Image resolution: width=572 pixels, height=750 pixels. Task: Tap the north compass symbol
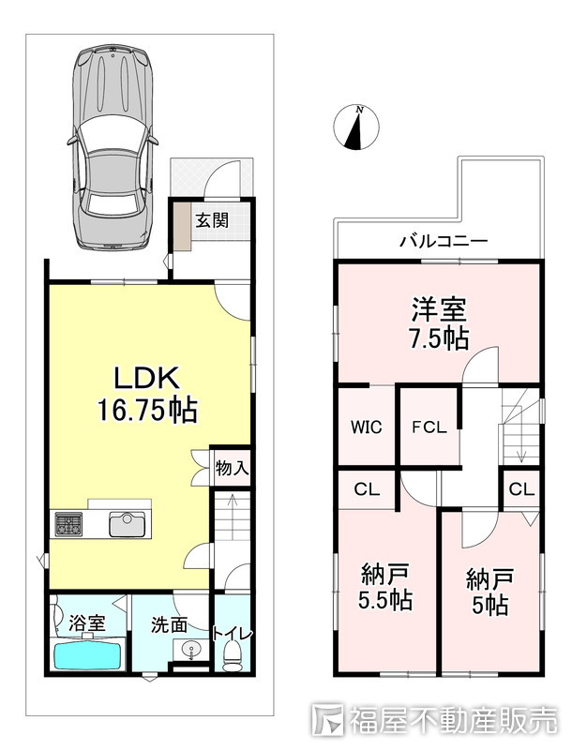coord(356,128)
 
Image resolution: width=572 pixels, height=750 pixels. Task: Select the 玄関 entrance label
coord(211,221)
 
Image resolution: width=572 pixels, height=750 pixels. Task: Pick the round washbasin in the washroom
coord(192,650)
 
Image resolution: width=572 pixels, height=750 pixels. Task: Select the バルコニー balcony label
coord(444,241)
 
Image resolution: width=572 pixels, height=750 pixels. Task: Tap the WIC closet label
coord(367,427)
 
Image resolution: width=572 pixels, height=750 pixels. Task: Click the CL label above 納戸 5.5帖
coord(367,488)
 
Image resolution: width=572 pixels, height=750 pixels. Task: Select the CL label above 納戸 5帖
coord(521,488)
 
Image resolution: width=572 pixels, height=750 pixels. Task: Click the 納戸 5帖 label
coord(489,591)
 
